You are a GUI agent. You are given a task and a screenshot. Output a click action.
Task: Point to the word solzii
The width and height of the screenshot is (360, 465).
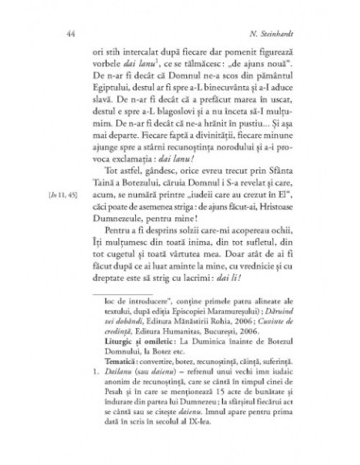click(183, 232)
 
